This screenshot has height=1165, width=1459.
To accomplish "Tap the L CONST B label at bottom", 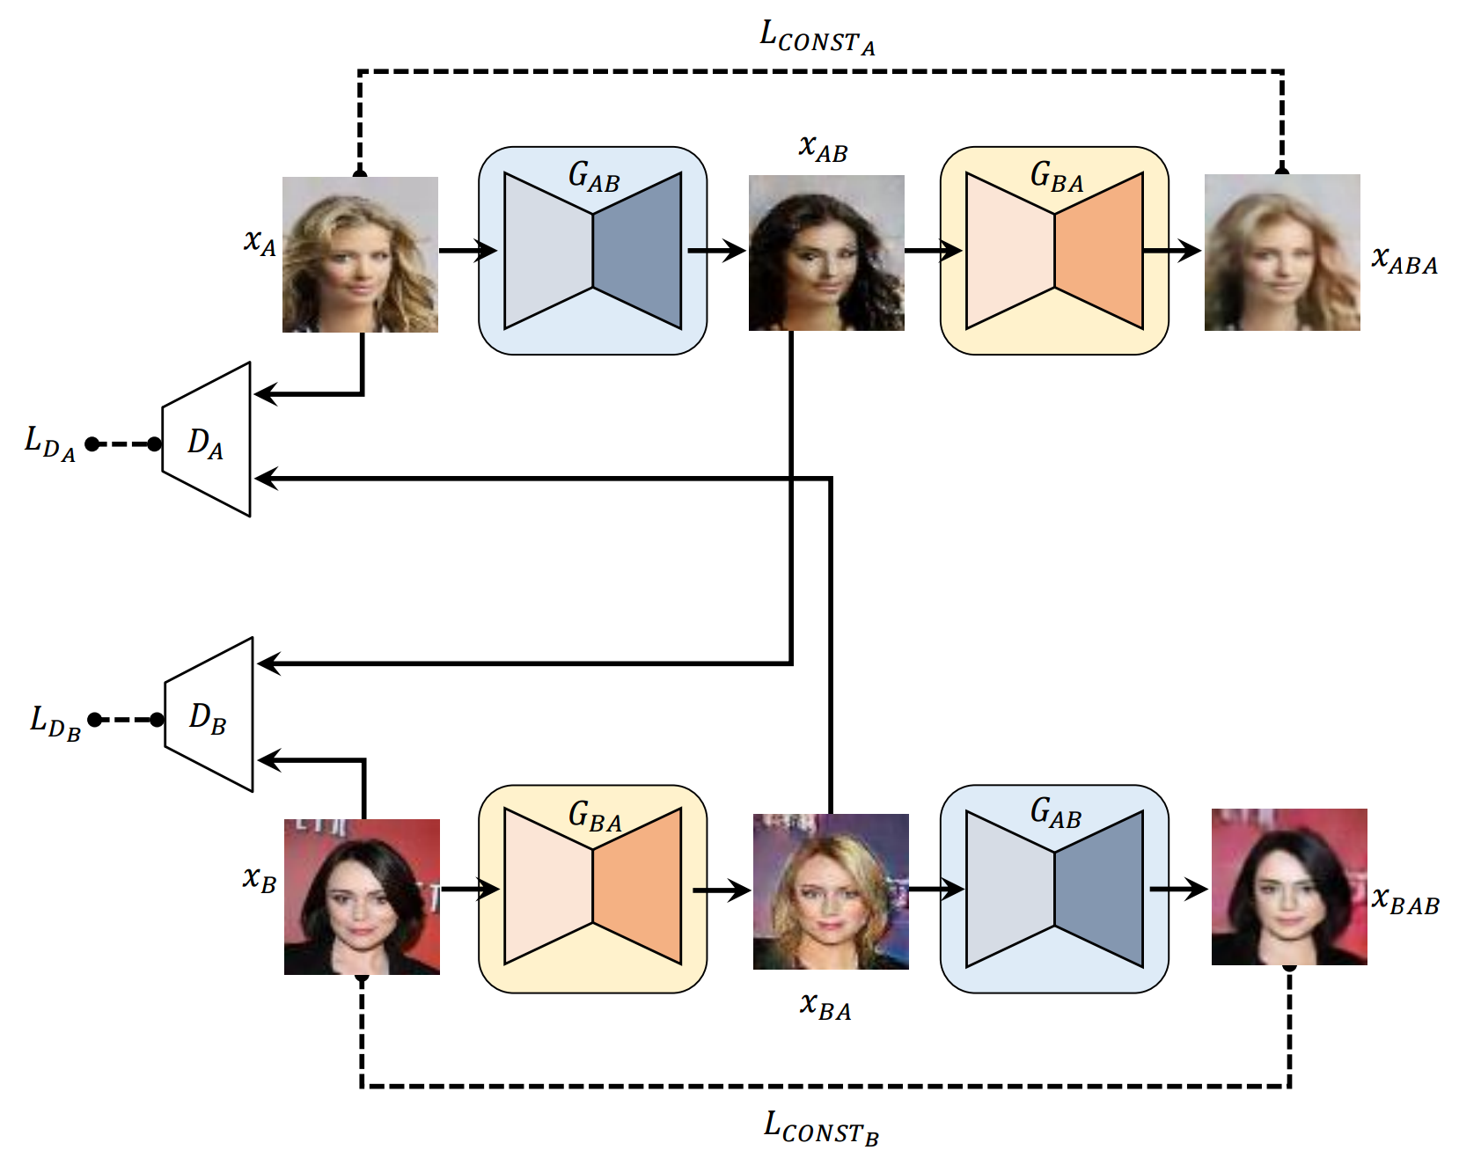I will [820, 1128].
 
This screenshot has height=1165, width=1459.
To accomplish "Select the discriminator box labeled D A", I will [207, 440].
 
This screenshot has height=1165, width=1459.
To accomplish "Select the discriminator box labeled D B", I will [209, 715].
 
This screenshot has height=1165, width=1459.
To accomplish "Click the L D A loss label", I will [49, 443].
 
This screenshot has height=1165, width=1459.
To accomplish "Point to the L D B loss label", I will [55, 722].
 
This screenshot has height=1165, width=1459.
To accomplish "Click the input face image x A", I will [360, 254].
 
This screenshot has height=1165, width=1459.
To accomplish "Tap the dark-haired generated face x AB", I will [826, 253].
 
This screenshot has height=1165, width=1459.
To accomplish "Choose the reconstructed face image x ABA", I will [1282, 253].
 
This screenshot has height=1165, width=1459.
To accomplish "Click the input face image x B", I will [362, 897].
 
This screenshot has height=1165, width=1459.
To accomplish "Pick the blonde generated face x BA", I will [831, 891].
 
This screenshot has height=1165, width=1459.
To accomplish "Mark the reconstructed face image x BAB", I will [1289, 887].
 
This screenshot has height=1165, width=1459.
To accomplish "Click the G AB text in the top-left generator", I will [594, 177].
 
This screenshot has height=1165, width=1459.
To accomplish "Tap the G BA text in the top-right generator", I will [1056, 177].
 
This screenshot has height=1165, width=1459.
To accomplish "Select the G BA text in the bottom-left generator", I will [595, 817].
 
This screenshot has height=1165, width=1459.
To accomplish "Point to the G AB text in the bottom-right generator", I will [1055, 813].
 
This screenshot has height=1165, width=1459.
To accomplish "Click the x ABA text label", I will [1404, 260].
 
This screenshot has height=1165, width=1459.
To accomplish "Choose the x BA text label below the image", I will [825, 1006].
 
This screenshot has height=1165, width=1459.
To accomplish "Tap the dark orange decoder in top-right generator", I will [1099, 251].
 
